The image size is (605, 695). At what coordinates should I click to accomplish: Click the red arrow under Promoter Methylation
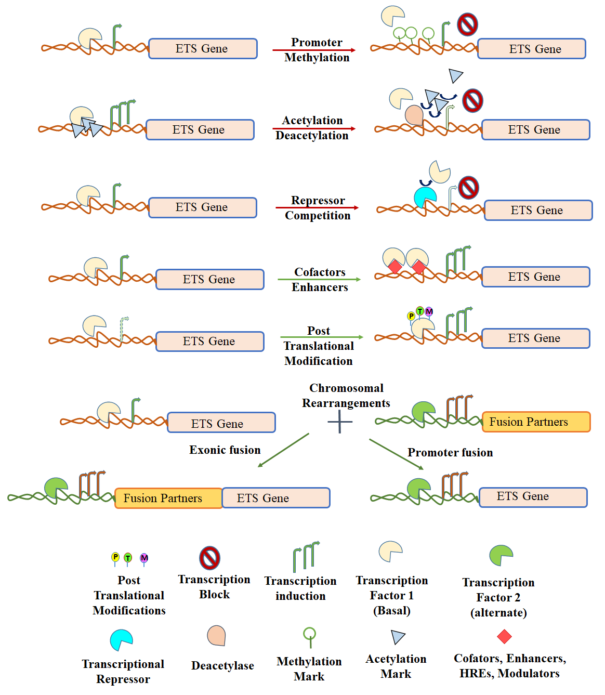pos(314,50)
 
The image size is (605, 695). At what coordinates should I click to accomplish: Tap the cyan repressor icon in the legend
pos(121,640)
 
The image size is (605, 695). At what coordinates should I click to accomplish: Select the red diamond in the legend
pos(504,636)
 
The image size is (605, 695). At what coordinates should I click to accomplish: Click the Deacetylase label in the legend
pos(222,665)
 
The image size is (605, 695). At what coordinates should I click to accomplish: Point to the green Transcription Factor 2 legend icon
pos(501,555)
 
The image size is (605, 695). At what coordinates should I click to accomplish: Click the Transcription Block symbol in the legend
pos(210,558)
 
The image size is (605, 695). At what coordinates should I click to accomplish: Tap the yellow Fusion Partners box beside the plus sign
pos(536,422)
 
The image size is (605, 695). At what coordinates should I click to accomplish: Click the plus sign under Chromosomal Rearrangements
pos(340,422)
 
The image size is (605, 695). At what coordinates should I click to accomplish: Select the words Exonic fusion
pos(225,450)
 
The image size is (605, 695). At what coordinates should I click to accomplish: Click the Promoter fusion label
pos(450,452)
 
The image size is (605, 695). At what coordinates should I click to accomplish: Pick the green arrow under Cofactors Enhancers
pos(319,280)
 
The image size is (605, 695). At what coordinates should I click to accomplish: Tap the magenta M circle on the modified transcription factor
pos(429,311)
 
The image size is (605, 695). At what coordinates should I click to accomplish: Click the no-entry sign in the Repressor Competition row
pos(468,187)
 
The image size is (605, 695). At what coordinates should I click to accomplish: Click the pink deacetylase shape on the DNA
pos(414,115)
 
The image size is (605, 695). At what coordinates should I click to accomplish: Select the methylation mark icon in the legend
pos(309,636)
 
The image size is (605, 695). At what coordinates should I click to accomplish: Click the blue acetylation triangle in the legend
pos(398,637)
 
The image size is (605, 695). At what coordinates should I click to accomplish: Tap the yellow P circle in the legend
pos(115,557)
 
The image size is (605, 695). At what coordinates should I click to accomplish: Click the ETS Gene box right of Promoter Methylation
pos(532,49)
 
